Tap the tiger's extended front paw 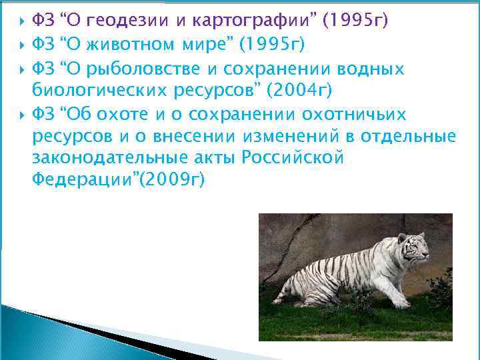(401, 304)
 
